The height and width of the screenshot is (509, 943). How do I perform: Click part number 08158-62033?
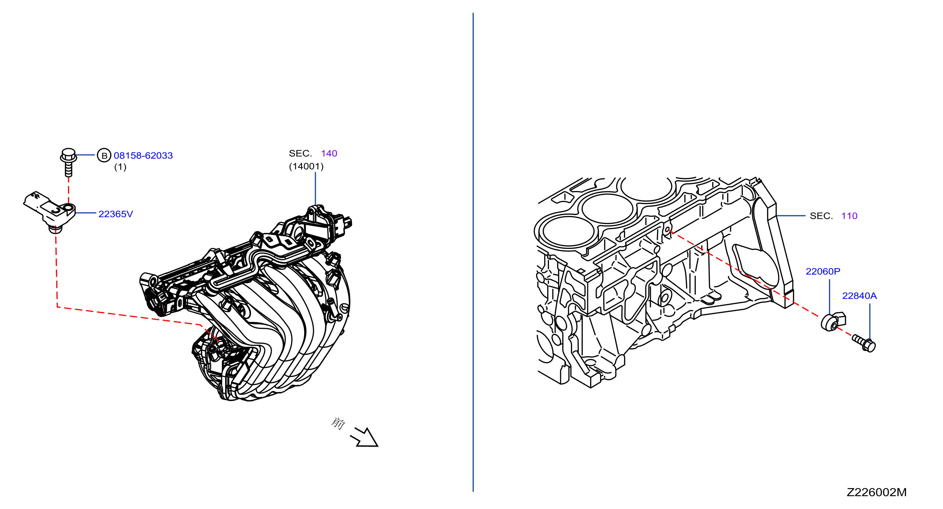[143, 155]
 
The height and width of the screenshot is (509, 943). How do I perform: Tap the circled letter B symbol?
[104, 155]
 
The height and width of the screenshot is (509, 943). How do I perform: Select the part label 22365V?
[116, 214]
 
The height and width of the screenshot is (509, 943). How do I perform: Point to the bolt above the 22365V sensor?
[68, 162]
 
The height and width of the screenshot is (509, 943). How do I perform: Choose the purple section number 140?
[329, 153]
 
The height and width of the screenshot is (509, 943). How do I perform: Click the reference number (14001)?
[307, 166]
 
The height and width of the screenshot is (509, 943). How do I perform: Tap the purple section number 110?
[849, 216]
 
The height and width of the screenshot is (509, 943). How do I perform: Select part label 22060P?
[823, 271]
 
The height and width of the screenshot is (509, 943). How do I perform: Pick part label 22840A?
[860, 295]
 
